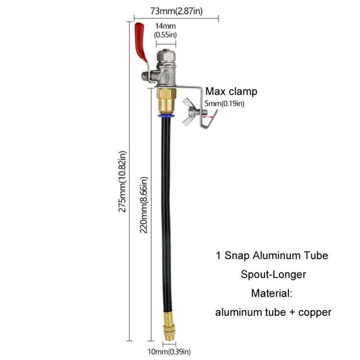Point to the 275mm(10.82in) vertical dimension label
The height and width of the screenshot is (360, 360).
click(x=123, y=182)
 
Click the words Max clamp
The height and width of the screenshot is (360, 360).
click(x=231, y=91)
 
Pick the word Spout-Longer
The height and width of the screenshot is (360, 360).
click(x=273, y=274)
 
